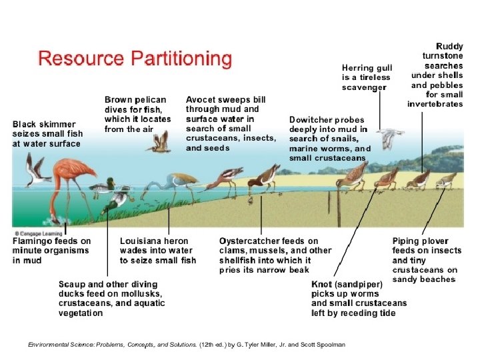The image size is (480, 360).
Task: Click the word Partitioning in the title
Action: pyautogui.click(x=181, y=59)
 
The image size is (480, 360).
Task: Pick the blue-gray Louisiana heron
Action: pyautogui.click(x=175, y=183)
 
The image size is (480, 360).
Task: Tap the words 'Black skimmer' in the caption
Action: pyautogui.click(x=44, y=124)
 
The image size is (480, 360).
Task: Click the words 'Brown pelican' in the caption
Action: pyautogui.click(x=135, y=100)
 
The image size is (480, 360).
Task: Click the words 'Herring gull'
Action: pyautogui.click(x=367, y=68)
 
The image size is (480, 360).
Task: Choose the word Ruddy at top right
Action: pyautogui.click(x=449, y=47)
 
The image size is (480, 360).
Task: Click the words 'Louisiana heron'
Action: pyautogui.click(x=153, y=241)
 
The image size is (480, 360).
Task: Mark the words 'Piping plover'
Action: pyautogui.click(x=420, y=241)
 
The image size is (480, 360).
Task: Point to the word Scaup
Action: pyautogui.click(x=71, y=285)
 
